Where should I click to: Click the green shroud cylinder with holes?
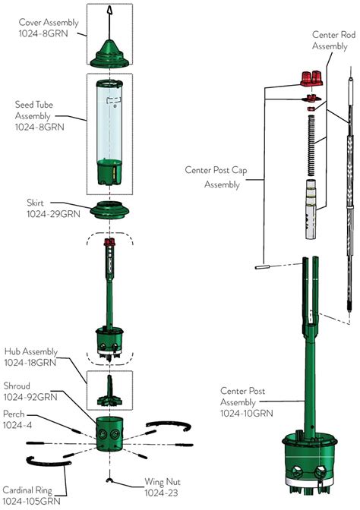pyautogui.click(x=110, y=433)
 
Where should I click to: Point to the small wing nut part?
pyautogui.click(x=111, y=480)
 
